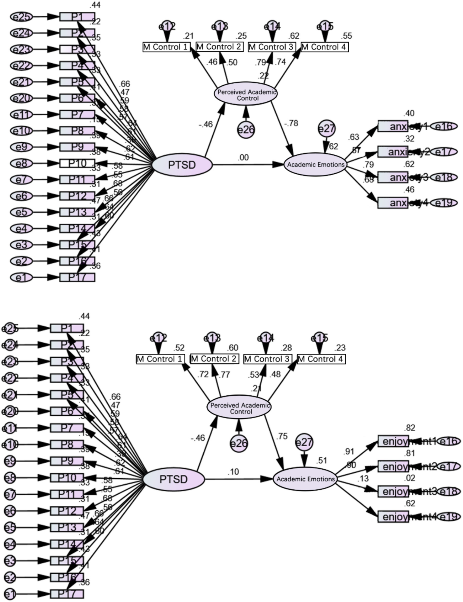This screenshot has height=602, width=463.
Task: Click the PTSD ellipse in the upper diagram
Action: tap(182, 165)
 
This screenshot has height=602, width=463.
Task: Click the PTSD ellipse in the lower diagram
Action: tap(173, 479)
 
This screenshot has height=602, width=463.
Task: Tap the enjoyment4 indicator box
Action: tap(393, 517)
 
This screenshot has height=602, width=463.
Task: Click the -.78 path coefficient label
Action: tap(291, 123)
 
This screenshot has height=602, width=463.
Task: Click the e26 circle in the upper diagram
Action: tap(246, 130)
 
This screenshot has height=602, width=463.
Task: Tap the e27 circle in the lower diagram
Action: tap(304, 442)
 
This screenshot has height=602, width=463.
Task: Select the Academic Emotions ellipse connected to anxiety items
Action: tap(316, 165)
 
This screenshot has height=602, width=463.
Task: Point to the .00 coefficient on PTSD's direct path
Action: tap(243, 157)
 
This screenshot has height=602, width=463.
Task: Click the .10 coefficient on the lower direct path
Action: tap(233, 471)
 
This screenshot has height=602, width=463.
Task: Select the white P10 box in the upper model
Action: tap(77, 163)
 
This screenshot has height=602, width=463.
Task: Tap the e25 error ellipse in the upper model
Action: tap(21, 17)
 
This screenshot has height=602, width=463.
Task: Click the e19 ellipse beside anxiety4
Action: tap(444, 203)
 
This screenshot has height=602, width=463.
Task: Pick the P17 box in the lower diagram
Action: tap(67, 594)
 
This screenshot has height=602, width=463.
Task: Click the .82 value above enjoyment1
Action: tap(410, 428)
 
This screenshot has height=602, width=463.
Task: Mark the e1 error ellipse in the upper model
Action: tap(21, 277)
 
